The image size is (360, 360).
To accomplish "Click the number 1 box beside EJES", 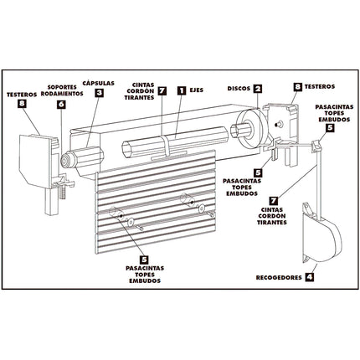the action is (x=182, y=90).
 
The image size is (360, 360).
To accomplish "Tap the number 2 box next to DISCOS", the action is (x=258, y=89).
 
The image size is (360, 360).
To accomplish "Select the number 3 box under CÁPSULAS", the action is (x=99, y=93).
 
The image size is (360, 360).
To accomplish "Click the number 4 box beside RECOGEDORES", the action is (x=309, y=277).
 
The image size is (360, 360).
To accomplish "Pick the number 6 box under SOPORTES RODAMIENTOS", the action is (x=61, y=104).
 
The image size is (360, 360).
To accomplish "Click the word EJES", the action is (x=197, y=90).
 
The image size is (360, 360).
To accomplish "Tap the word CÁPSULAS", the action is (x=99, y=83).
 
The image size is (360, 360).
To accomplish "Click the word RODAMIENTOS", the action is (x=62, y=94).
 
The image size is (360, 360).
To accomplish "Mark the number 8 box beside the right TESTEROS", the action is (x=298, y=87).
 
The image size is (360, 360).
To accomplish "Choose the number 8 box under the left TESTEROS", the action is (x=22, y=104).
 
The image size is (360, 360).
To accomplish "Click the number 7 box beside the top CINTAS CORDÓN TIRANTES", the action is (x=162, y=90).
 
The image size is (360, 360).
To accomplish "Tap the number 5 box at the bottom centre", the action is (x=144, y=260).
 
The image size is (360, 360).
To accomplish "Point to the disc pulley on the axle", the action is (x=250, y=129).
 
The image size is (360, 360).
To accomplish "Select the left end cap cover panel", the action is (x=36, y=160).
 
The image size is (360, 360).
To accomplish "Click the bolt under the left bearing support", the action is (x=62, y=192).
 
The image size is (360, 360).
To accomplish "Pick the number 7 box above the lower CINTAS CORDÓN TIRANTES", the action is (x=274, y=201).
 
